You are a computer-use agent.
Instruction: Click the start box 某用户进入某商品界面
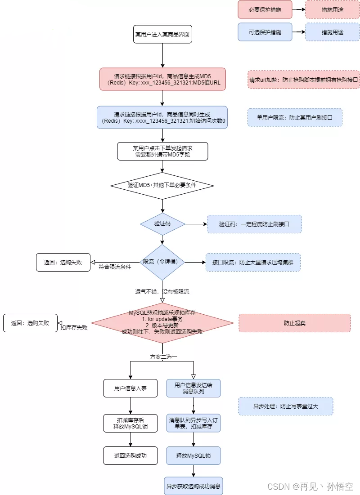(x=162, y=34)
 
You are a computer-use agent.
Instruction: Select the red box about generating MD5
(x=162, y=79)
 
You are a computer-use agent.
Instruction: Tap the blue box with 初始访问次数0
(x=162, y=117)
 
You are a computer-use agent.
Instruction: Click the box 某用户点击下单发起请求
(x=162, y=151)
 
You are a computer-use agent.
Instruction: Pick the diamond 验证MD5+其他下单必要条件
(x=162, y=186)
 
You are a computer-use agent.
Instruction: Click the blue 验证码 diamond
(x=162, y=224)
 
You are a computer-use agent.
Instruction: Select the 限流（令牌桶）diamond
(x=162, y=262)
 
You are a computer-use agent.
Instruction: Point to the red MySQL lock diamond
(x=162, y=323)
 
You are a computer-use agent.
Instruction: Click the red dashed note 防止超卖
(x=295, y=323)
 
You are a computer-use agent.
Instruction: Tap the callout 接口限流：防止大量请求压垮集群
(x=253, y=263)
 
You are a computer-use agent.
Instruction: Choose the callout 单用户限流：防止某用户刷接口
(x=295, y=117)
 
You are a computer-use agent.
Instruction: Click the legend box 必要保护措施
(x=265, y=10)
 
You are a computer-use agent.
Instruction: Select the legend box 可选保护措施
(x=265, y=32)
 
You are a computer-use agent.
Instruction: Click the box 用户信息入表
(x=130, y=388)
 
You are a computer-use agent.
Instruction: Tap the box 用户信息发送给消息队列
(x=193, y=388)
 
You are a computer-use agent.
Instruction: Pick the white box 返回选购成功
(x=130, y=455)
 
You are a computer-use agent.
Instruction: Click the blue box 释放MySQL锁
(x=193, y=455)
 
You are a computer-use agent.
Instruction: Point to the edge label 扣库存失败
(x=74, y=328)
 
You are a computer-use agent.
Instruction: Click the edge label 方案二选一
(x=163, y=357)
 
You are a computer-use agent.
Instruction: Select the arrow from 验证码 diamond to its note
(x=196, y=224)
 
